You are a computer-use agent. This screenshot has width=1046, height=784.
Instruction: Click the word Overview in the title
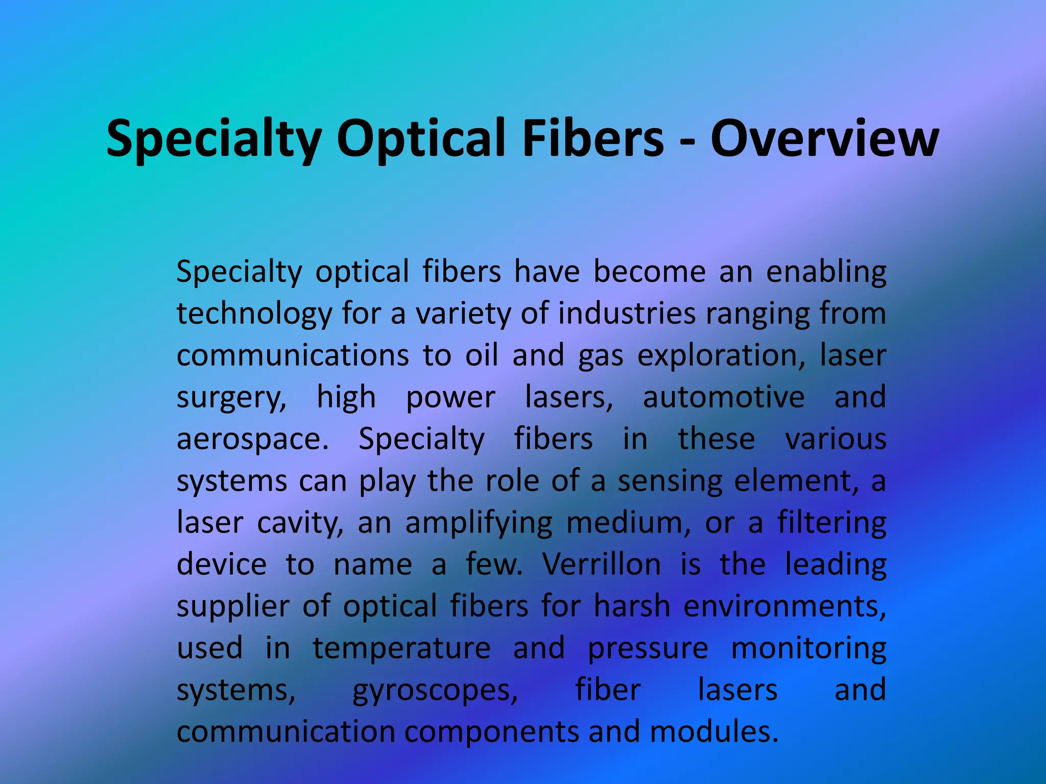(824, 139)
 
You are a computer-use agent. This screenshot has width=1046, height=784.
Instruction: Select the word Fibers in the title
(593, 139)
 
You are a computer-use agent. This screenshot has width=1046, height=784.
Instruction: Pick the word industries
(627, 313)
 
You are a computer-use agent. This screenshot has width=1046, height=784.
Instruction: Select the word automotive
(723, 397)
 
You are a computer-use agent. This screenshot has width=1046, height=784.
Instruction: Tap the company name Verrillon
(602, 565)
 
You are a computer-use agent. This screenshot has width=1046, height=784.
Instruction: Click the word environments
(784, 606)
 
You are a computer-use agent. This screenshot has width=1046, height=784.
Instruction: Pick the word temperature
(401, 649)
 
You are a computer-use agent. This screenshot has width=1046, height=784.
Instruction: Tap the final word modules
(714, 732)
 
